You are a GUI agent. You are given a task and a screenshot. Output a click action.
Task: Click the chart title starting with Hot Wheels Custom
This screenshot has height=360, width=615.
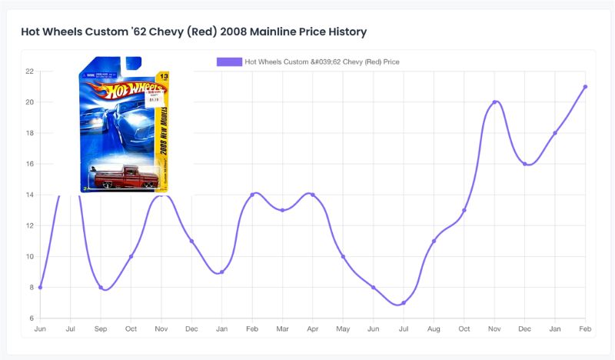point(194,32)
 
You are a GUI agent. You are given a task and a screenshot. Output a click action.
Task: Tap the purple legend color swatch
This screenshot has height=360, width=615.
point(229,62)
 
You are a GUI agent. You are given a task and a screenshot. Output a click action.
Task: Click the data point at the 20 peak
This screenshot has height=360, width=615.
point(494,102)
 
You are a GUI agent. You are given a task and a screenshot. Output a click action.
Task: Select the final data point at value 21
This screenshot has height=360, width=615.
point(585,87)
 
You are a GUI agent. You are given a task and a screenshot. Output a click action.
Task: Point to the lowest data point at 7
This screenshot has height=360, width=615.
point(403,303)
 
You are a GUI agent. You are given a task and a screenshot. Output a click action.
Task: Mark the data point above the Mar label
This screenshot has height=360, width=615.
point(282,210)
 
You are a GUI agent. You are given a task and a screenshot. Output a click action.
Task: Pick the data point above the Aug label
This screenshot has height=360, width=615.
point(434,242)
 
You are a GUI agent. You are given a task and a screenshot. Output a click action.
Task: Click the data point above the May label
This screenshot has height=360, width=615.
point(343,257)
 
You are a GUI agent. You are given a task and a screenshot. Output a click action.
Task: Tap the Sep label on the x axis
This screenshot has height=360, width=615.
point(101,328)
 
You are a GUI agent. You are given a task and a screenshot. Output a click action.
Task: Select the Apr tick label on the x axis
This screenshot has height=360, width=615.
point(312,328)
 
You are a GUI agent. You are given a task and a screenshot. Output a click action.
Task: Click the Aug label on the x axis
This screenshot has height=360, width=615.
point(434,328)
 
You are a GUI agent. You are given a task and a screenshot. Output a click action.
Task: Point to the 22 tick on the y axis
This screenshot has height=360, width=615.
point(29,72)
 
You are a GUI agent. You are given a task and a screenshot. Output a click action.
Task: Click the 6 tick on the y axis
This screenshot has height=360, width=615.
point(31,318)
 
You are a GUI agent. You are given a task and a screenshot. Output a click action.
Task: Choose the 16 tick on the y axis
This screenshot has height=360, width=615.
point(29,164)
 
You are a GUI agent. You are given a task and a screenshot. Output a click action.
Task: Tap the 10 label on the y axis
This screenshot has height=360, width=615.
point(29,257)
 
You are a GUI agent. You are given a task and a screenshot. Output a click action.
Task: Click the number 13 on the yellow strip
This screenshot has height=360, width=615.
point(162,75)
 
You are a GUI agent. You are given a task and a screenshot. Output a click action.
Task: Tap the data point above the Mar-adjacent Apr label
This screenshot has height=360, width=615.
point(312,195)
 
